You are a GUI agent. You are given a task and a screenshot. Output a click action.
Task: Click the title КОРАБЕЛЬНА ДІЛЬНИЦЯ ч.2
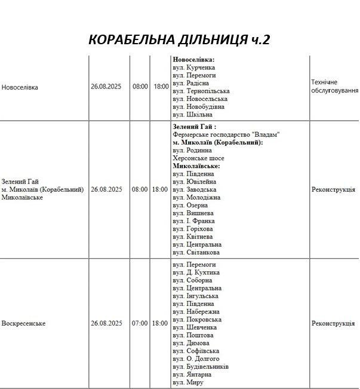(x=179, y=39)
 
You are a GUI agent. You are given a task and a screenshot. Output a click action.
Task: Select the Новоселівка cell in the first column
(x=20, y=87)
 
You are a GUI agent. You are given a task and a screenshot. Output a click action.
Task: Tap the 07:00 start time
(x=140, y=323)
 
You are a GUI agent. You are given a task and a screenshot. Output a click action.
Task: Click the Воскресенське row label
(x=24, y=323)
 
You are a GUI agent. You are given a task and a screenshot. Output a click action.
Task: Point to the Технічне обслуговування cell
(x=334, y=86)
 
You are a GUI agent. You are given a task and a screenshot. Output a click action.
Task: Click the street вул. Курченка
(x=194, y=68)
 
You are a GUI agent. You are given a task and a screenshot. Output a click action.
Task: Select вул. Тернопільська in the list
(x=201, y=91)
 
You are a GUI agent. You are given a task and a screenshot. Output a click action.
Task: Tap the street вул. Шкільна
(x=192, y=114)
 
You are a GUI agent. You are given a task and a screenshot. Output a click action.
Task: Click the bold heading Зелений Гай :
(x=194, y=127)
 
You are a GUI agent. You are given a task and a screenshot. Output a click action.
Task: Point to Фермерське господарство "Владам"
(x=226, y=135)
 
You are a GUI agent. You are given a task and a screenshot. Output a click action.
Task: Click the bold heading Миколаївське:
(x=196, y=166)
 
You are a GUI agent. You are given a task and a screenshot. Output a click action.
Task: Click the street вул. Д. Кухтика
(x=196, y=272)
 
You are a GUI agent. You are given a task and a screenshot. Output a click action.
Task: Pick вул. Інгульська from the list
(x=195, y=296)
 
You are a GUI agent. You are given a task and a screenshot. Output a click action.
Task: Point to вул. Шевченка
(x=195, y=327)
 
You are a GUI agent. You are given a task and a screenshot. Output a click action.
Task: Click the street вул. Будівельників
(x=201, y=366)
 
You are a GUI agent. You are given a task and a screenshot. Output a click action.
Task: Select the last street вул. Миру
(x=188, y=382)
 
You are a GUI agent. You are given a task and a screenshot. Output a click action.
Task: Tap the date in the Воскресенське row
(x=106, y=323)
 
